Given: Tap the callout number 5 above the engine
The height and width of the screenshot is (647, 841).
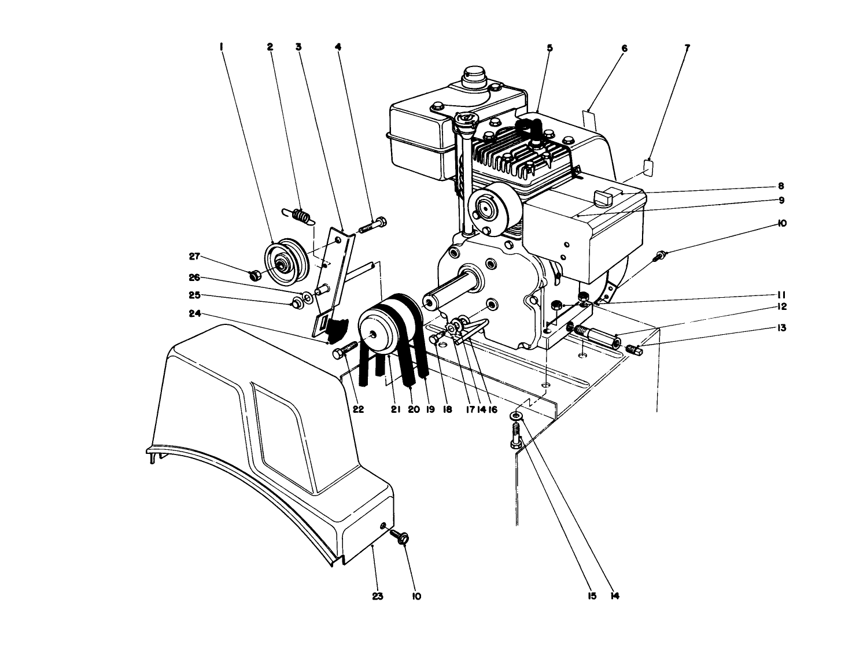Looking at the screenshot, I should pyautogui.click(x=549, y=48).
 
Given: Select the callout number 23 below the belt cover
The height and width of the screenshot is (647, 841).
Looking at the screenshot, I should pyautogui.click(x=378, y=596).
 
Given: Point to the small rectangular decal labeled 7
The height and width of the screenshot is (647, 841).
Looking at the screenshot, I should pyautogui.click(x=649, y=167).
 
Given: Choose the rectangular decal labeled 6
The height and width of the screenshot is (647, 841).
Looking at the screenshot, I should pyautogui.click(x=588, y=119).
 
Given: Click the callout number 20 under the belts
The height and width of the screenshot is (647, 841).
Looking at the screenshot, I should pyautogui.click(x=413, y=409).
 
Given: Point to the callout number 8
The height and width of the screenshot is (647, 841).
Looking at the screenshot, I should pyautogui.click(x=781, y=186).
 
